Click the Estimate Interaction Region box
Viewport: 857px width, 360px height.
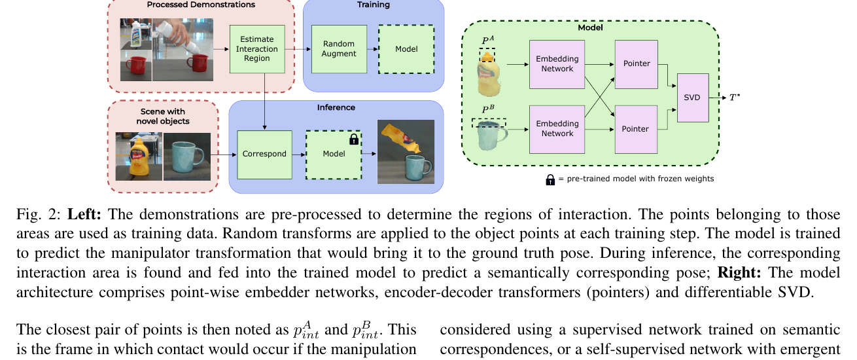257,49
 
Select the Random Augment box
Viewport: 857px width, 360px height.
339,49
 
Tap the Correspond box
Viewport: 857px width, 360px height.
264,154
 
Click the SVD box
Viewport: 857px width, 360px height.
693,98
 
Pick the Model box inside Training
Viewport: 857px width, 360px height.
406,49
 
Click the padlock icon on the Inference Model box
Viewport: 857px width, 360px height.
354,139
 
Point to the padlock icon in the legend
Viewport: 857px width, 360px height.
550,179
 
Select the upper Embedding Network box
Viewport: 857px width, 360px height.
557,64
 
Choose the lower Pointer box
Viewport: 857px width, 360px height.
636,130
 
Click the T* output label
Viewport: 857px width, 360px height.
735,98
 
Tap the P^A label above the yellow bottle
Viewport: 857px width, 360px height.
488,40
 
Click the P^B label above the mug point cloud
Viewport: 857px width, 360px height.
488,109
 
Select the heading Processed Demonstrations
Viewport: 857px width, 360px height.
201,5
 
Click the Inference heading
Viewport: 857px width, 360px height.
336,107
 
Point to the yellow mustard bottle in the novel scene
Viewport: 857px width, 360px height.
139,157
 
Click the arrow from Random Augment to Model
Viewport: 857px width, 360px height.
373,49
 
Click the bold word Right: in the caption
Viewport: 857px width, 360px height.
739,273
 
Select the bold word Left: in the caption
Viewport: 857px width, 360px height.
84,214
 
